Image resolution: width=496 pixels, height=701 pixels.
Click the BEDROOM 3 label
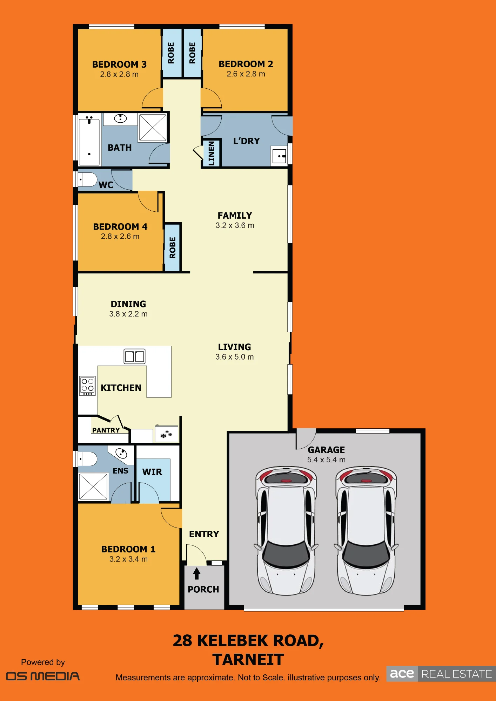coord(119,64)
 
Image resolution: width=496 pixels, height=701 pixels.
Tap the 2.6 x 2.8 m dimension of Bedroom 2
coord(246,74)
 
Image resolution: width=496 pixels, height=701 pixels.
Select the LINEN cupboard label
coord(212,153)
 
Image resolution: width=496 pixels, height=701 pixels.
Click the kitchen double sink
coord(135,356)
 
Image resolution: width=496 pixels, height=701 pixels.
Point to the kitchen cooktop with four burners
coord(87,386)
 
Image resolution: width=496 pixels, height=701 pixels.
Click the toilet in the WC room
coord(87,179)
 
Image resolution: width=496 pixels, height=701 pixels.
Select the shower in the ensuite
coord(93,486)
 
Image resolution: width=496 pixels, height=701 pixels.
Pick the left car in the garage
coord(286,531)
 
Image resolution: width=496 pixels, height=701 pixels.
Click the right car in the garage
coord(366,531)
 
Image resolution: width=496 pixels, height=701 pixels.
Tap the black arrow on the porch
coord(197,573)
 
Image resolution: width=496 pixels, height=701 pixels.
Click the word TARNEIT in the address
coord(248,660)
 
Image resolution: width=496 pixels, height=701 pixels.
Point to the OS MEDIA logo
coord(43,676)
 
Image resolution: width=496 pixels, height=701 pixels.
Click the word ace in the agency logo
coord(402,674)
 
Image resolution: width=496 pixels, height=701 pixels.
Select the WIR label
coord(152,472)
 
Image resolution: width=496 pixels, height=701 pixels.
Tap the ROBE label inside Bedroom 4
coord(173,248)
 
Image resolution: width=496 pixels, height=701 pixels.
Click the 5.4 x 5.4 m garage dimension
coord(326,460)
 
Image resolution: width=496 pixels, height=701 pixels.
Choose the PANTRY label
coord(106,430)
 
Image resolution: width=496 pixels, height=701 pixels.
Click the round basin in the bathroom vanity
coord(120,118)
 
